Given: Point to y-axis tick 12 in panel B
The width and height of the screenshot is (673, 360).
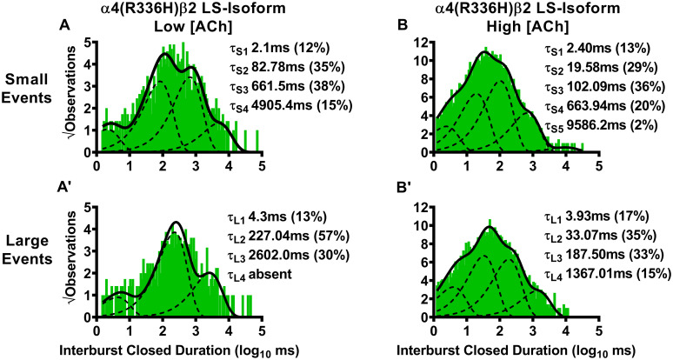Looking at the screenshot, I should pyautogui.click(x=421, y=42).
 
